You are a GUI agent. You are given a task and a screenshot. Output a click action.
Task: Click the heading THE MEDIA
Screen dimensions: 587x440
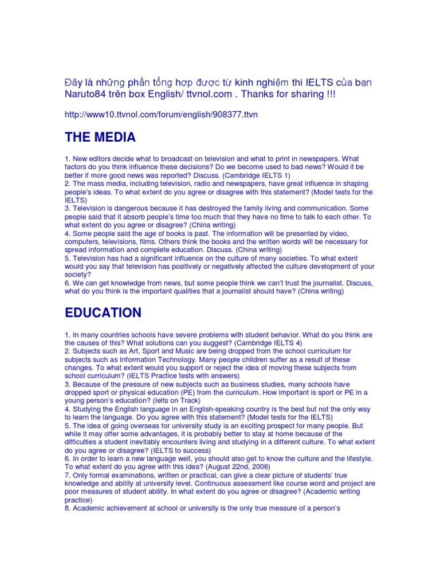pos(100,138)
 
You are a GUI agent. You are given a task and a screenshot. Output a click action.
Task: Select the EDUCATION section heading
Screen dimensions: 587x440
pos(103,312)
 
